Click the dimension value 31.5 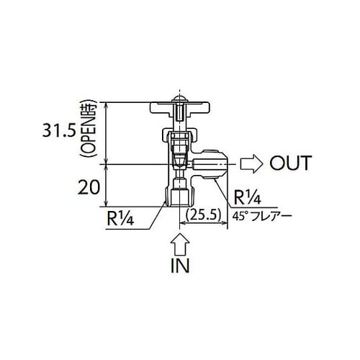tap(59, 133)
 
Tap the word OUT tap(290, 163)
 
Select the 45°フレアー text tap(262, 214)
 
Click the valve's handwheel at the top tap(178, 109)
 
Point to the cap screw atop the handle tap(178, 97)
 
